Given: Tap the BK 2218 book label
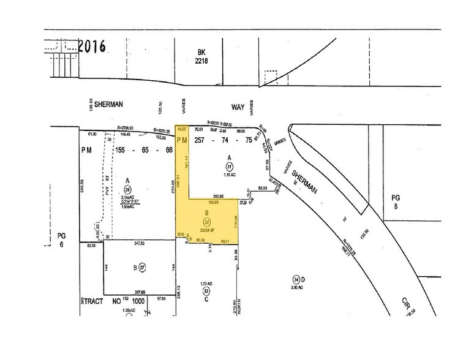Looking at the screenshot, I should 201,57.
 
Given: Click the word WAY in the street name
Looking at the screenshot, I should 238,107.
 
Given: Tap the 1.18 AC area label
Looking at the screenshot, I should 228,174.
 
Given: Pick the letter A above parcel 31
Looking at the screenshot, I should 228,156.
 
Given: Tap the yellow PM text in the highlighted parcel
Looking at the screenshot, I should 181,141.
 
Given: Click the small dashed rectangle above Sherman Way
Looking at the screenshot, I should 270,78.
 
